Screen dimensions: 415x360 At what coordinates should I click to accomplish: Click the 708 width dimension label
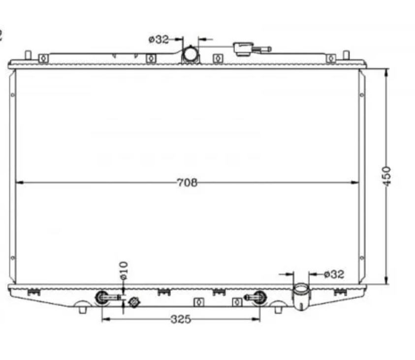[x=187, y=182]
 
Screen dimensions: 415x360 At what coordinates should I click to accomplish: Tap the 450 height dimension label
[x=386, y=176]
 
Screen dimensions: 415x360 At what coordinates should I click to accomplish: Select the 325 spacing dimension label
[x=181, y=319]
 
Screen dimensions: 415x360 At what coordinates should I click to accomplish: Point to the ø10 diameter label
[x=124, y=270]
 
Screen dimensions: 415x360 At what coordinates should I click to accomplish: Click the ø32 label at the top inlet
[x=159, y=40]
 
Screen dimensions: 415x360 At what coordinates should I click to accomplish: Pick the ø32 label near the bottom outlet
[x=334, y=274]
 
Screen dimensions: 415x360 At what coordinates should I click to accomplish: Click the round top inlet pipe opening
[x=191, y=54]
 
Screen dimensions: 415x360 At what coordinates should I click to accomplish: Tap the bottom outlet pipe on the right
[x=301, y=296]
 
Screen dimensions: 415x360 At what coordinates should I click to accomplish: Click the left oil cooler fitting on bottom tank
[x=102, y=298]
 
